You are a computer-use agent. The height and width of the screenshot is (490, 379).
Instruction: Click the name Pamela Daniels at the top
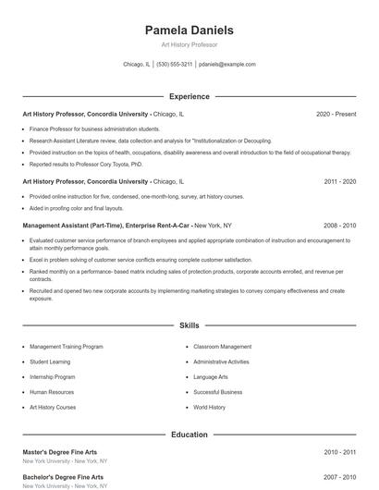click(x=189, y=31)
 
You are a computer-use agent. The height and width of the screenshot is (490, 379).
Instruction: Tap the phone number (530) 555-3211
click(x=174, y=65)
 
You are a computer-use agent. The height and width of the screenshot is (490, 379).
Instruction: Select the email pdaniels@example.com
click(x=227, y=65)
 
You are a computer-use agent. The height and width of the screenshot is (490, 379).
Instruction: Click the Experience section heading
click(x=189, y=96)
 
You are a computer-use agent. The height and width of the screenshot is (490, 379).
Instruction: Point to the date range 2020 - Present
click(x=336, y=114)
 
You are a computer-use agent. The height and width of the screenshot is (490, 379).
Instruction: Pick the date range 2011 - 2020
click(x=339, y=182)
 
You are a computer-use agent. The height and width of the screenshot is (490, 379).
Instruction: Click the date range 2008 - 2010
click(x=339, y=225)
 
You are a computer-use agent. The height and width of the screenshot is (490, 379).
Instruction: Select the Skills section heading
click(x=189, y=325)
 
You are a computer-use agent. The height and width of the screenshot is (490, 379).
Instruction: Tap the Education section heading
click(x=189, y=434)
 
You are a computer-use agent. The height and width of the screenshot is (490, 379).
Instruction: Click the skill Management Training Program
click(x=66, y=347)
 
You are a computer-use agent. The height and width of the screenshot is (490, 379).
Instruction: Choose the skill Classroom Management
click(x=222, y=347)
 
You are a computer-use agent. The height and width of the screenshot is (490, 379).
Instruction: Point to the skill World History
click(x=209, y=407)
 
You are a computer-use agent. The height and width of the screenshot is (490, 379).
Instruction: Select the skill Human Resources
click(x=52, y=392)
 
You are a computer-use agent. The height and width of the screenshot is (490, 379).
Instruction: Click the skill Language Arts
click(x=211, y=377)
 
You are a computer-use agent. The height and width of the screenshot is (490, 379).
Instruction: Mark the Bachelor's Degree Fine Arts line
click(x=62, y=478)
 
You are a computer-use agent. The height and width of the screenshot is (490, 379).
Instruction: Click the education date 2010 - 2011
click(x=339, y=452)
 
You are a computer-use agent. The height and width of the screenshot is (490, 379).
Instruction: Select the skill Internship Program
click(x=52, y=377)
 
